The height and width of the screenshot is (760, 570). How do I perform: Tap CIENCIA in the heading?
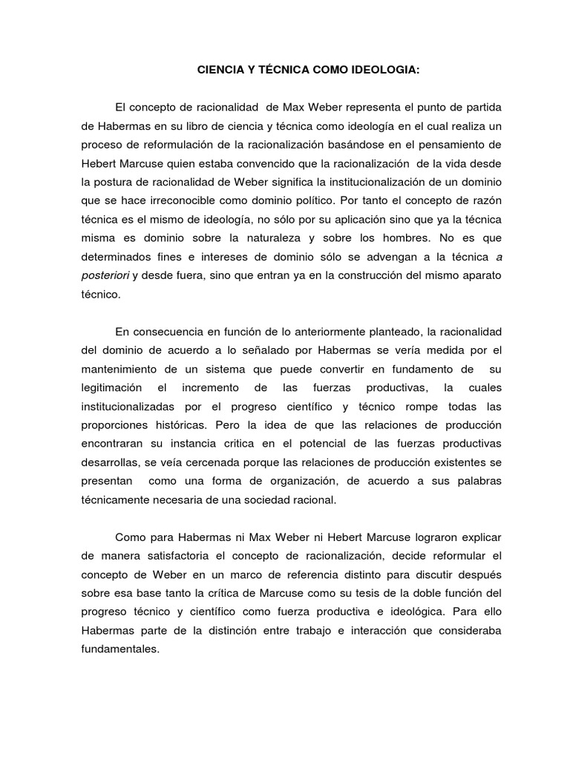223,71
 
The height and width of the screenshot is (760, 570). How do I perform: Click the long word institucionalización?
387,183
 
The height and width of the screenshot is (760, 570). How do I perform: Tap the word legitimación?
112,389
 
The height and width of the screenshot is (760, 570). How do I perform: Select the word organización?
294,481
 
